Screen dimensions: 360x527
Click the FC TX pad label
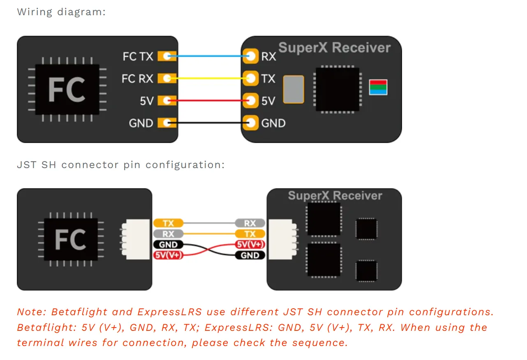[138, 56]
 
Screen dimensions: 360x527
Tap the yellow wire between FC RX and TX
[210, 78]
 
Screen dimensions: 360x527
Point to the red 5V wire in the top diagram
[210, 100]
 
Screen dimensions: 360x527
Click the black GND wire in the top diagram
[210, 122]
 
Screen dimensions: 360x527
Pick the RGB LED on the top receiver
[378, 87]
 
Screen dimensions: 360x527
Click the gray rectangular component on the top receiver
[294, 89]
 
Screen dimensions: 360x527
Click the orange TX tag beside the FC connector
[168, 223]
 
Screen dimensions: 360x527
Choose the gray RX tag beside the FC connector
[168, 234]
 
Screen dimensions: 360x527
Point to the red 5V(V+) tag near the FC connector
[168, 255]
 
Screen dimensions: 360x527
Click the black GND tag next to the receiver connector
[250, 255]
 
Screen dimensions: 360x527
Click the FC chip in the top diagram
[67, 89]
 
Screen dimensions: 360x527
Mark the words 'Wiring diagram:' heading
[61, 12]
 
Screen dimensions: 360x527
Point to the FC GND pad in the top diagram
[167, 122]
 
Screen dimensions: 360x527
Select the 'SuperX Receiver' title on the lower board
[335, 196]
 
